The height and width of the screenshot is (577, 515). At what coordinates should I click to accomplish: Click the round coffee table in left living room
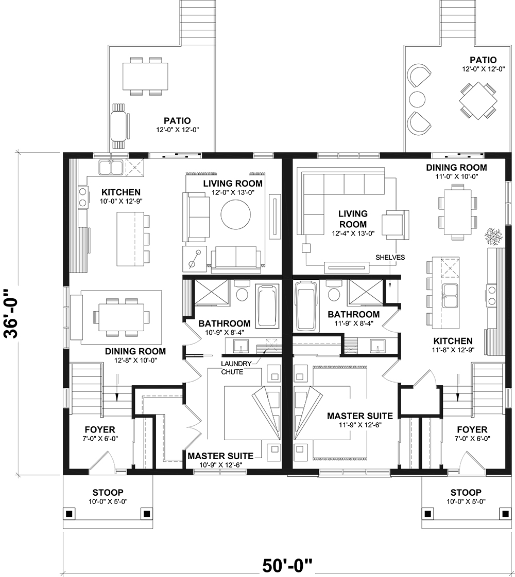[x=236, y=214]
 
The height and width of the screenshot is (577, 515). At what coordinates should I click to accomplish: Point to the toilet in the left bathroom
[x=241, y=292]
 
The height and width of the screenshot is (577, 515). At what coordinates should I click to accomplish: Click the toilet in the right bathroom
[x=334, y=292]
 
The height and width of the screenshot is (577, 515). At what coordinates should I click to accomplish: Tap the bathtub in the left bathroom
[x=267, y=306]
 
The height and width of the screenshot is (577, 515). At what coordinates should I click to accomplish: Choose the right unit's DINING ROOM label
[x=456, y=167]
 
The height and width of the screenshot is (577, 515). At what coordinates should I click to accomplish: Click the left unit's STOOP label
[x=108, y=492]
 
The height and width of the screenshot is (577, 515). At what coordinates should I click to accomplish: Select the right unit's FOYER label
[x=472, y=429]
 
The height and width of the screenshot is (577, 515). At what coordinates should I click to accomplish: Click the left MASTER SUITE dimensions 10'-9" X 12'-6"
[x=220, y=465]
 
